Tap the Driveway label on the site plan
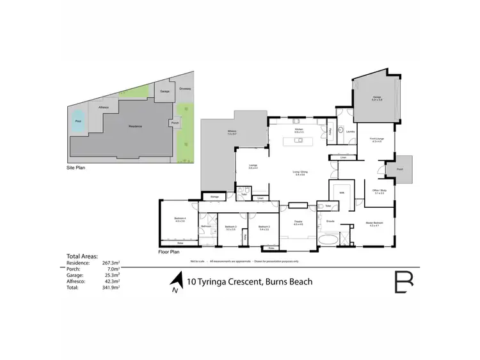point(186,89)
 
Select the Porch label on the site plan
point(174,123)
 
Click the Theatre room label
point(298,223)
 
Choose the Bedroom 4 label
point(180,219)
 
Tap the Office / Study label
point(378,191)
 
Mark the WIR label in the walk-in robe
point(342,192)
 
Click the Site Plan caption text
point(76,168)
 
